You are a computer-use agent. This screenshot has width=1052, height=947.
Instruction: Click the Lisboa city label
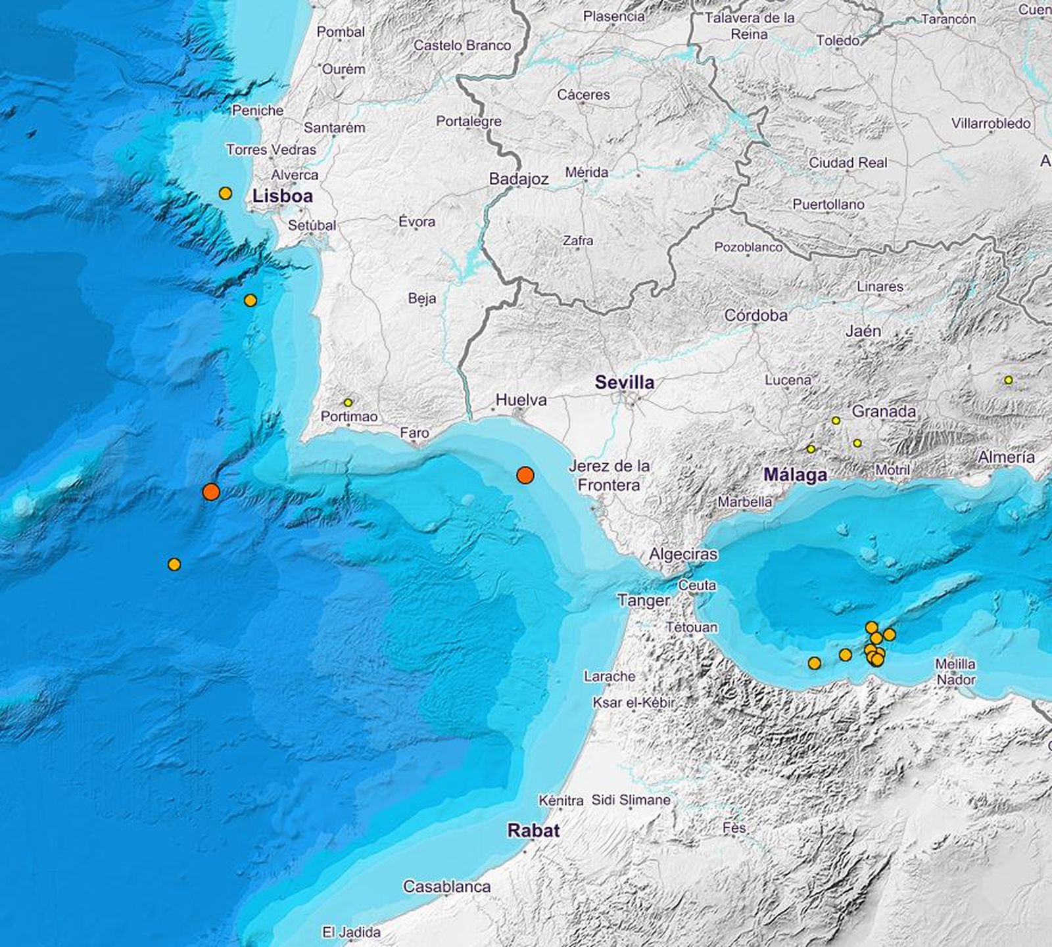pos(283,196)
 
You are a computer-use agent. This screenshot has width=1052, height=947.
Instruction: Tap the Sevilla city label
pos(625,382)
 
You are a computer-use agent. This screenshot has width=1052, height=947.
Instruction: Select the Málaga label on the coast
pos(795,474)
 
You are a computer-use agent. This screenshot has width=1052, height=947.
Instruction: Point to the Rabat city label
pos(533,830)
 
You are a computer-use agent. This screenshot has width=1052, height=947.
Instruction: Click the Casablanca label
pos(447,887)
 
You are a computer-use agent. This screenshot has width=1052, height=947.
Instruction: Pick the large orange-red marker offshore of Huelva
pos(525,475)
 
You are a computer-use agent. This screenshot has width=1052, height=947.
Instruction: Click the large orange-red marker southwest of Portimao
pos(211,492)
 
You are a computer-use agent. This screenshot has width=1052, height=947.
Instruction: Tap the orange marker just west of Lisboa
pos(226,193)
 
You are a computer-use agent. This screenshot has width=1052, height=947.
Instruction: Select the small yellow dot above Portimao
pos(348,403)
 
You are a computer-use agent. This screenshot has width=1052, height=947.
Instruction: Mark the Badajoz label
pos(519,179)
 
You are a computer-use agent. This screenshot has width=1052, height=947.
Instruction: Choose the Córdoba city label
pos(755,315)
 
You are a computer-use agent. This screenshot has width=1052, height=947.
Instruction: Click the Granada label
pos(884,411)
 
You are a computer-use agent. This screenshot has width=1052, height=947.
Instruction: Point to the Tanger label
pos(644,600)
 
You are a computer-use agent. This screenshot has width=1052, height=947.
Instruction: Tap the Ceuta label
pos(697,585)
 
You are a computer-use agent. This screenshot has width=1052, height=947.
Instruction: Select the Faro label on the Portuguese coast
pos(414,432)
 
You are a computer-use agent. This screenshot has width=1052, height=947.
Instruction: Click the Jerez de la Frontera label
pos(609,475)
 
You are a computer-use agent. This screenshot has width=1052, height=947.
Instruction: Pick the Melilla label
pos(955,664)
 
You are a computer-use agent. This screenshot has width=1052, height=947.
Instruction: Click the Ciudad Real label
pos(848,162)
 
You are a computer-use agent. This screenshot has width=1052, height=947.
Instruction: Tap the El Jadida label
pos(351,932)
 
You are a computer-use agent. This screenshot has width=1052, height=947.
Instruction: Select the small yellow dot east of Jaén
pos(1008,380)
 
